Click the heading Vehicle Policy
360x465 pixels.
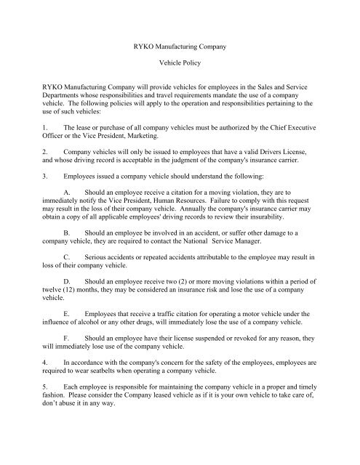click(180, 64)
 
